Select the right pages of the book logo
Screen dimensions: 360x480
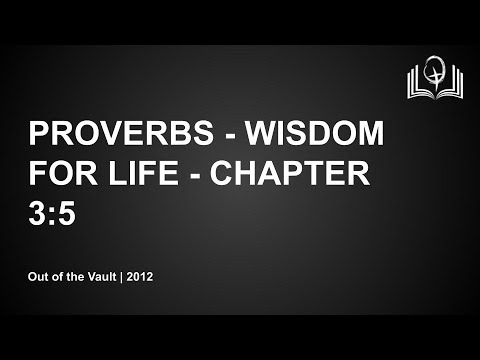point(451,85)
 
